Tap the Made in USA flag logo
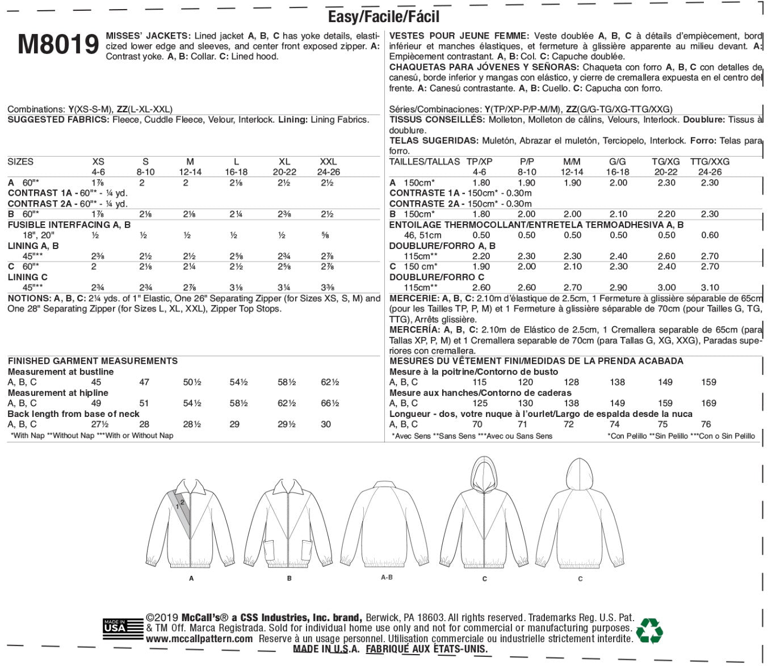coord(115,628)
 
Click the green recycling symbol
coord(649,630)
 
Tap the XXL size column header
coord(328,162)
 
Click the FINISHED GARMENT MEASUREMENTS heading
coord(93,361)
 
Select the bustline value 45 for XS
coord(96,382)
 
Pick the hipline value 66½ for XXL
coord(330,403)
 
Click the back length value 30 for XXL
coord(326,424)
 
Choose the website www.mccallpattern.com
coord(199,639)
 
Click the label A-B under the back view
coord(387,577)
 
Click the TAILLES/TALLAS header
coord(425,162)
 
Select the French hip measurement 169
coord(709,403)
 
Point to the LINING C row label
coord(28,277)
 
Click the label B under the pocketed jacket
coord(289,579)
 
